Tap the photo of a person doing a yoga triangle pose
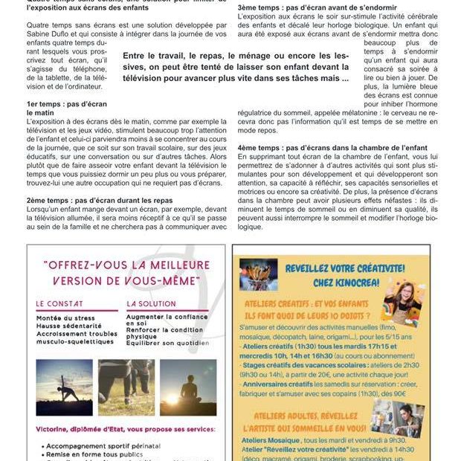[64, 387]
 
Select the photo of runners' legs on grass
[126, 387]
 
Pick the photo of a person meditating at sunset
[187, 387]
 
